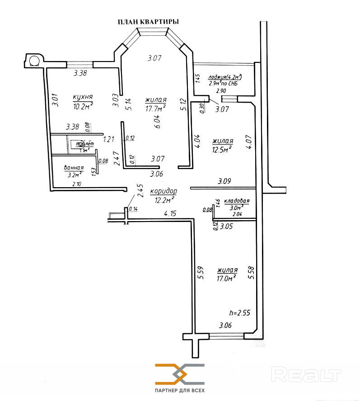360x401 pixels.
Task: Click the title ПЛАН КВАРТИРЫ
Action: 148,22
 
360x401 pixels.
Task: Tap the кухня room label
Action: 83,97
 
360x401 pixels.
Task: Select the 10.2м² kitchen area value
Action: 83,106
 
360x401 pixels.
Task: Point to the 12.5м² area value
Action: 222,149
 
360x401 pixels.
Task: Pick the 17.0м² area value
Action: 227,279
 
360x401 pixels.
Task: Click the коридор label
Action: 163,191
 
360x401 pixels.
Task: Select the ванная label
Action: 75,167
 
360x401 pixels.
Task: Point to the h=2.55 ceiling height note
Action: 240,312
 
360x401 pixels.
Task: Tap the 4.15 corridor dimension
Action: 170,213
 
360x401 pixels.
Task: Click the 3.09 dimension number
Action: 225,181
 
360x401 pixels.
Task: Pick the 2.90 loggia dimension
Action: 221,91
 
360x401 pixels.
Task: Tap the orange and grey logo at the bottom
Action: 180,373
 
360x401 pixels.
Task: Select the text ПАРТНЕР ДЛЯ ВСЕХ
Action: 180,390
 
